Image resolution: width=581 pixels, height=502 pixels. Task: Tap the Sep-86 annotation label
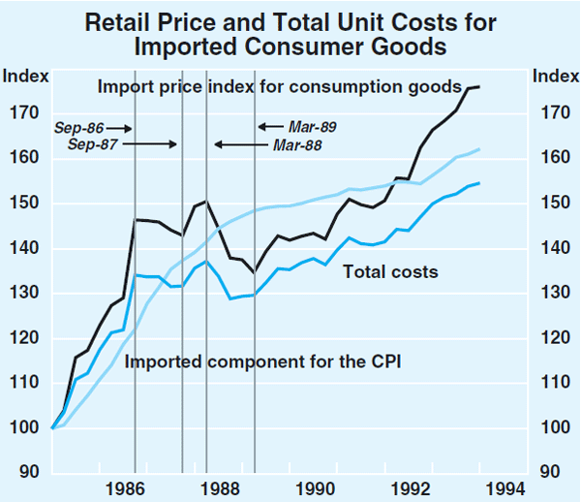tap(78, 127)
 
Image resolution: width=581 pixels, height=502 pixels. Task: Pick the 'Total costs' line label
tap(390, 272)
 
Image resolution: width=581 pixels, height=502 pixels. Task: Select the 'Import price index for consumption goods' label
tap(279, 87)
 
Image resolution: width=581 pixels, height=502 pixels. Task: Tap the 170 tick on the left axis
tap(21, 113)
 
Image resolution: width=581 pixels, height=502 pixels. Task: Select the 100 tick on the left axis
tap(21, 427)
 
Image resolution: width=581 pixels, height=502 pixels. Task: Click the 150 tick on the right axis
tap(550, 204)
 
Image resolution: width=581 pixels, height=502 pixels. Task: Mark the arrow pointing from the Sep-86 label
tap(119, 127)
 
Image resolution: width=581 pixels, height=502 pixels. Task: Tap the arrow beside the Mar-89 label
tap(268, 126)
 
